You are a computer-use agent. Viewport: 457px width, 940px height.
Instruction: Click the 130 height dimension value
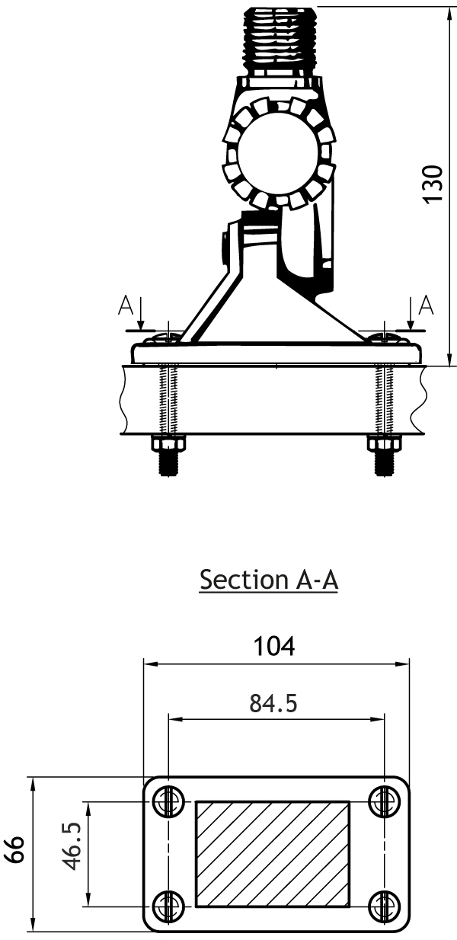coord(433,184)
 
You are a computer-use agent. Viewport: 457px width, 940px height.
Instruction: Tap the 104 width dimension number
coord(274,646)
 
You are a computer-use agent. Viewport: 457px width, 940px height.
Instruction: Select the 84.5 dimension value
coord(273,704)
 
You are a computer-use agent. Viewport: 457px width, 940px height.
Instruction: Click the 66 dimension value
coord(15,849)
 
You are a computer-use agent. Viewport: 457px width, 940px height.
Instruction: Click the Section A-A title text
coord(269,580)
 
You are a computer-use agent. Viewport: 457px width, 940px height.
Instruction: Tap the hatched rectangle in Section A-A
coord(273,847)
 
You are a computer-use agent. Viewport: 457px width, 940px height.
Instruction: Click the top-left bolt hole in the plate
coord(168,801)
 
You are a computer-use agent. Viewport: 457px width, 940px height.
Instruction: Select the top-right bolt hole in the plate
coord(384,801)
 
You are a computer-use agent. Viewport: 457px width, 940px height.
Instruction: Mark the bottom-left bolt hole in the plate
coord(168,892)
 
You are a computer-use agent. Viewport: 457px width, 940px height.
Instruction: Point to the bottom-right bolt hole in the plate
coord(384,892)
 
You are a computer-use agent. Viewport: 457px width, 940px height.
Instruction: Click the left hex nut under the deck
coord(168,443)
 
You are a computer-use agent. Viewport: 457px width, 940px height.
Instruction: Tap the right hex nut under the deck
coord(384,443)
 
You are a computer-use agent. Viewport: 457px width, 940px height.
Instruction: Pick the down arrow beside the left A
coord(141,315)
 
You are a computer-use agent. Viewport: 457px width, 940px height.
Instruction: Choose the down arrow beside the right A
coord(411,315)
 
